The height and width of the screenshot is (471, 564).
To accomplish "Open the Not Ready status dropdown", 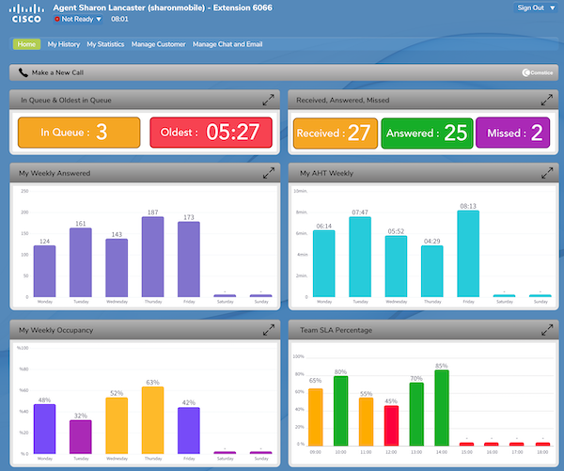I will click(x=78, y=19).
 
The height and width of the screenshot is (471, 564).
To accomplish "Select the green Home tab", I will click(x=26, y=44).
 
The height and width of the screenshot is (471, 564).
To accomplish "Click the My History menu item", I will click(x=64, y=44).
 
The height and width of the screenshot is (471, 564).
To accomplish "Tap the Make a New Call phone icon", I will click(x=23, y=72).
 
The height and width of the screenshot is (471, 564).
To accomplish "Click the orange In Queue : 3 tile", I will click(x=79, y=133).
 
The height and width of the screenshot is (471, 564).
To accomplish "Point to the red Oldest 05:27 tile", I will click(x=210, y=133).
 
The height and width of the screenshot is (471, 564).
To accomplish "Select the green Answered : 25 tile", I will click(x=427, y=133).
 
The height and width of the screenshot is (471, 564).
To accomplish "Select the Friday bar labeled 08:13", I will click(x=467, y=253).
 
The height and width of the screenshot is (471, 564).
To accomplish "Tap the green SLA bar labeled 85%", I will click(x=442, y=407).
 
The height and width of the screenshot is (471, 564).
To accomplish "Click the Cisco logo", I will click(x=25, y=13).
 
